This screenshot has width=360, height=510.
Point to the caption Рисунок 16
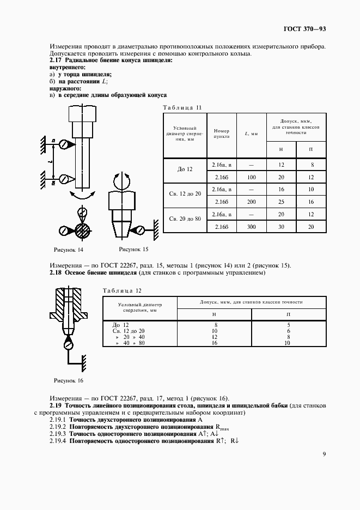(68, 380)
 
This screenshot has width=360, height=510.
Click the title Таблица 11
(182, 108)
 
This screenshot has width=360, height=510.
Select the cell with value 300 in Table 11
(251, 227)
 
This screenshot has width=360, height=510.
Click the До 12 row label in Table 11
(185, 169)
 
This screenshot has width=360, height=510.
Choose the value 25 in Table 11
(281, 202)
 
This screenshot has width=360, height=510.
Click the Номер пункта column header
(222, 134)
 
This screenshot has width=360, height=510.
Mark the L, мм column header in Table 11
(251, 134)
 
